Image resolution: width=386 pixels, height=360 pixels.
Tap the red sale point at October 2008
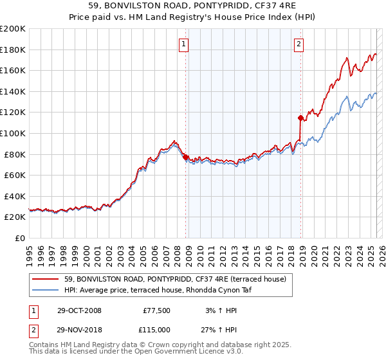pyautogui.click(x=186, y=157)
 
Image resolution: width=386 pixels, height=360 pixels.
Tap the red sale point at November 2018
pyautogui.click(x=300, y=118)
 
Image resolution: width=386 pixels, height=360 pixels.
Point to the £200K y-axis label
pyautogui.click(x=13, y=29)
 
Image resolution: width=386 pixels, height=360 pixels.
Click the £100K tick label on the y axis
pyautogui.click(x=13, y=133)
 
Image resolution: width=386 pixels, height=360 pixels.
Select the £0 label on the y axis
pyautogui.click(x=19, y=238)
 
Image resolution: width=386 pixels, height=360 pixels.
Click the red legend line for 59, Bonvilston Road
pyautogui.click(x=45, y=278)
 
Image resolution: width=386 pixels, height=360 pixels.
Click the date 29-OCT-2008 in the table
pyautogui.click(x=79, y=310)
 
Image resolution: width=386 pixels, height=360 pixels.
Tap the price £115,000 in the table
pyautogui.click(x=156, y=329)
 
